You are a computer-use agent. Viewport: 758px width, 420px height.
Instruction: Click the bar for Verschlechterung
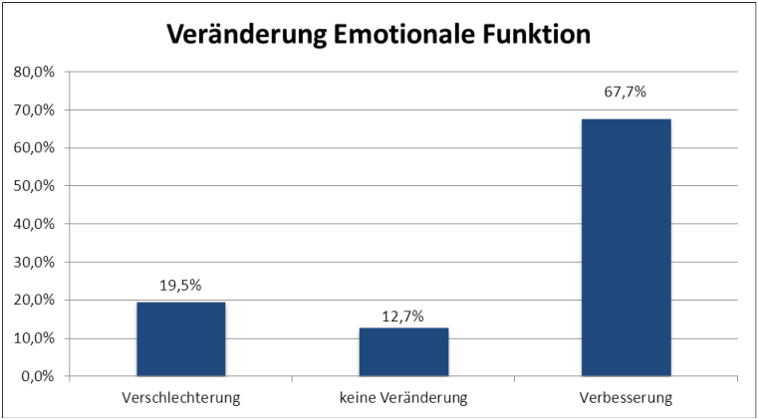tap(180, 339)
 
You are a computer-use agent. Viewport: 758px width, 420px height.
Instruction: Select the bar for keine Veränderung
tap(403, 352)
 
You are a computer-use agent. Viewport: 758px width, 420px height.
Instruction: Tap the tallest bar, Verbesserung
tap(626, 248)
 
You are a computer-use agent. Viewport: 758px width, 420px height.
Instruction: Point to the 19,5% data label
tap(180, 286)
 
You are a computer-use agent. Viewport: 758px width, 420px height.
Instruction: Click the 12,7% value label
tap(403, 316)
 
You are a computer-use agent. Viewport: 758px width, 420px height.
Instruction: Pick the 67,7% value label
tap(626, 93)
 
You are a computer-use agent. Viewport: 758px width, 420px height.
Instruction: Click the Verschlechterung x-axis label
tap(180, 399)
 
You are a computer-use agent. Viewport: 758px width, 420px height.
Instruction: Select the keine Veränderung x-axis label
tap(403, 399)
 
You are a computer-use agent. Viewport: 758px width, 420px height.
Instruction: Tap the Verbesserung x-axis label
tap(626, 399)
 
